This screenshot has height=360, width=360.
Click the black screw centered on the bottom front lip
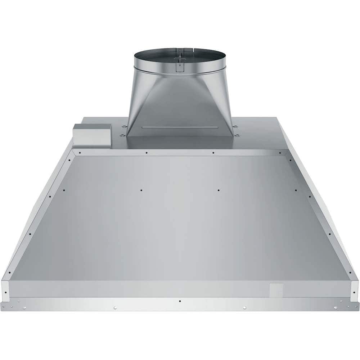click(x=180, y=301)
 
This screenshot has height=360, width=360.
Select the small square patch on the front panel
click(x=276, y=290)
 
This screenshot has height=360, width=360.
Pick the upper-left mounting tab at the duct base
click(x=124, y=126)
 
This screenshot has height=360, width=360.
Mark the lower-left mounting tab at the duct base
click(x=121, y=135)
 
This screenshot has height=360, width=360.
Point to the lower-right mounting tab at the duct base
click(x=238, y=135)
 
